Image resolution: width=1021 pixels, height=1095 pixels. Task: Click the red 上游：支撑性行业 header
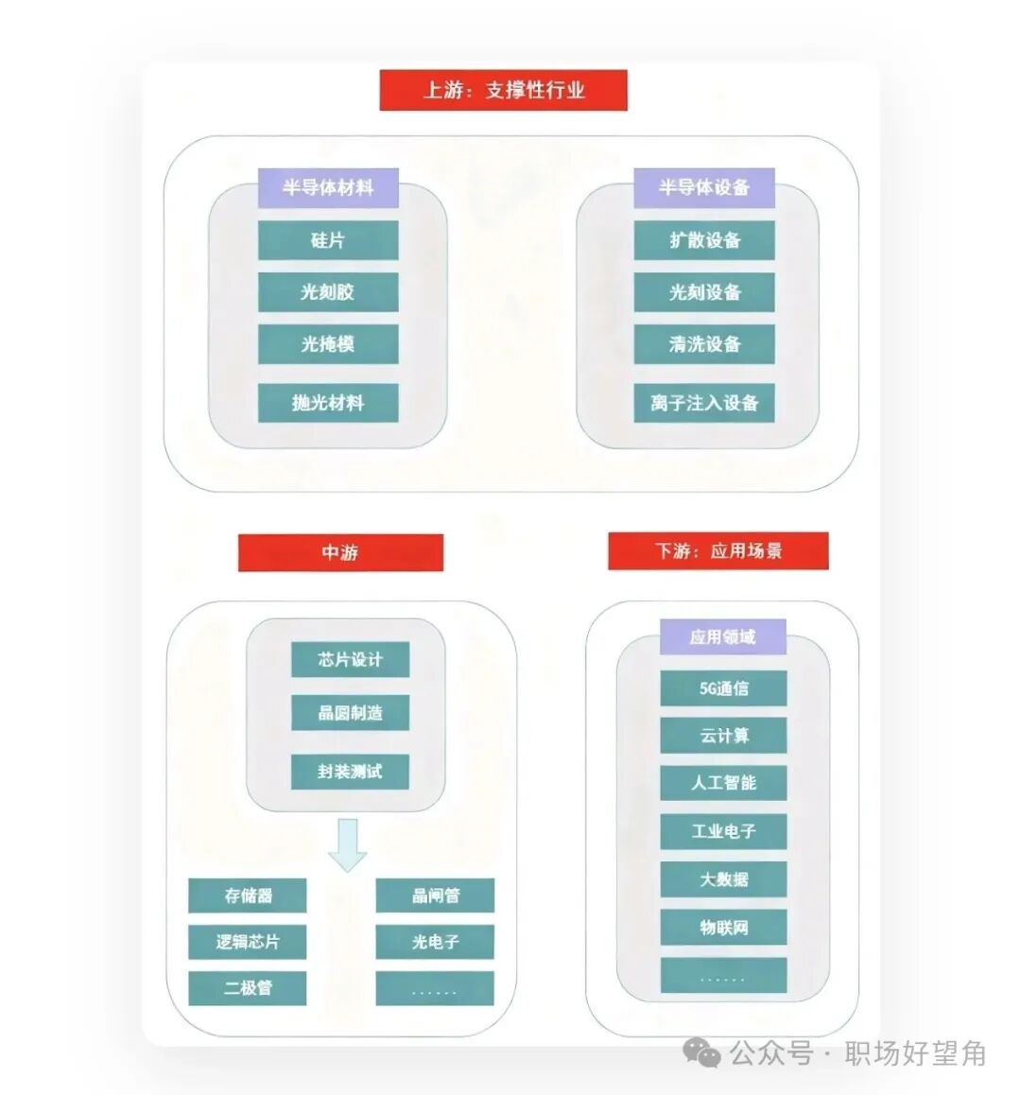point(503,90)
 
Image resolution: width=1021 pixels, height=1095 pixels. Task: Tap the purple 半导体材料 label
point(328,188)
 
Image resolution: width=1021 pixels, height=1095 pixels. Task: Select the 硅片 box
point(328,240)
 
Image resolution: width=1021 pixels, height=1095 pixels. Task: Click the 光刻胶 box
point(328,292)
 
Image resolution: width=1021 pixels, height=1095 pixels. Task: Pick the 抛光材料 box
point(328,403)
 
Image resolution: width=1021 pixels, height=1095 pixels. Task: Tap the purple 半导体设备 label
point(704,188)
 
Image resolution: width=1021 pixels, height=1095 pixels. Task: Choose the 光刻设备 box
point(704,292)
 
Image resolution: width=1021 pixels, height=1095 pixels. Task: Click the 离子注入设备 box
point(704,403)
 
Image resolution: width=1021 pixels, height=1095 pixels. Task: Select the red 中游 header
point(340,553)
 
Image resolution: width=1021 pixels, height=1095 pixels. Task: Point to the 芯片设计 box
point(350,659)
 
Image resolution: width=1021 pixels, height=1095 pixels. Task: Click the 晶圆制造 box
point(350,713)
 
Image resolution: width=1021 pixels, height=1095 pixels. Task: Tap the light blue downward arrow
point(348,845)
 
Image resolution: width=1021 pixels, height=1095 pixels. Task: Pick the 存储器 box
point(248,895)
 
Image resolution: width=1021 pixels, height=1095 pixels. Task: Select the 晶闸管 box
point(435,895)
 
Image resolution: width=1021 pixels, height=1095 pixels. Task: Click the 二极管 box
point(248,988)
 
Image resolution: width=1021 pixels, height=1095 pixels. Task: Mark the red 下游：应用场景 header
point(718,551)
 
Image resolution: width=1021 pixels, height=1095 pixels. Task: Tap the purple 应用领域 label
point(723,637)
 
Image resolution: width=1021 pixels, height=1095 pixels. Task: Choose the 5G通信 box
point(723,688)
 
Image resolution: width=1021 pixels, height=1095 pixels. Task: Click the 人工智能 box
point(723,783)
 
